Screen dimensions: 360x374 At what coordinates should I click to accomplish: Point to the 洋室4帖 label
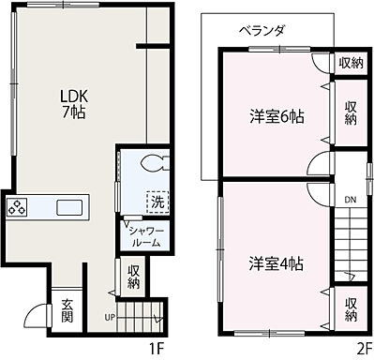click(276, 262)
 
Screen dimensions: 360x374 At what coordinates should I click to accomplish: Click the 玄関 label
click(68, 309)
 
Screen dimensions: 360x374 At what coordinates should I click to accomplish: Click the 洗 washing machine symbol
click(157, 201)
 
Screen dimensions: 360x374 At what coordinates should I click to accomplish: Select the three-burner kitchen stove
click(18, 208)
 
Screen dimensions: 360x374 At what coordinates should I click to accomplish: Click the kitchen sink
click(69, 207)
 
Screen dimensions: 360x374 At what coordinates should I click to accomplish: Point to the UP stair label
click(110, 317)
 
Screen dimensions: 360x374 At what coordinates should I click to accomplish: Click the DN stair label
click(348, 199)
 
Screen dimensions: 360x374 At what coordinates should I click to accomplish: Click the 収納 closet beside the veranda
click(350, 63)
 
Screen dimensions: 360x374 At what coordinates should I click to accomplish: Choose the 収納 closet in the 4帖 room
click(350, 308)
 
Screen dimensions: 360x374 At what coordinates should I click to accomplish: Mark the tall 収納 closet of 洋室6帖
click(350, 113)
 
